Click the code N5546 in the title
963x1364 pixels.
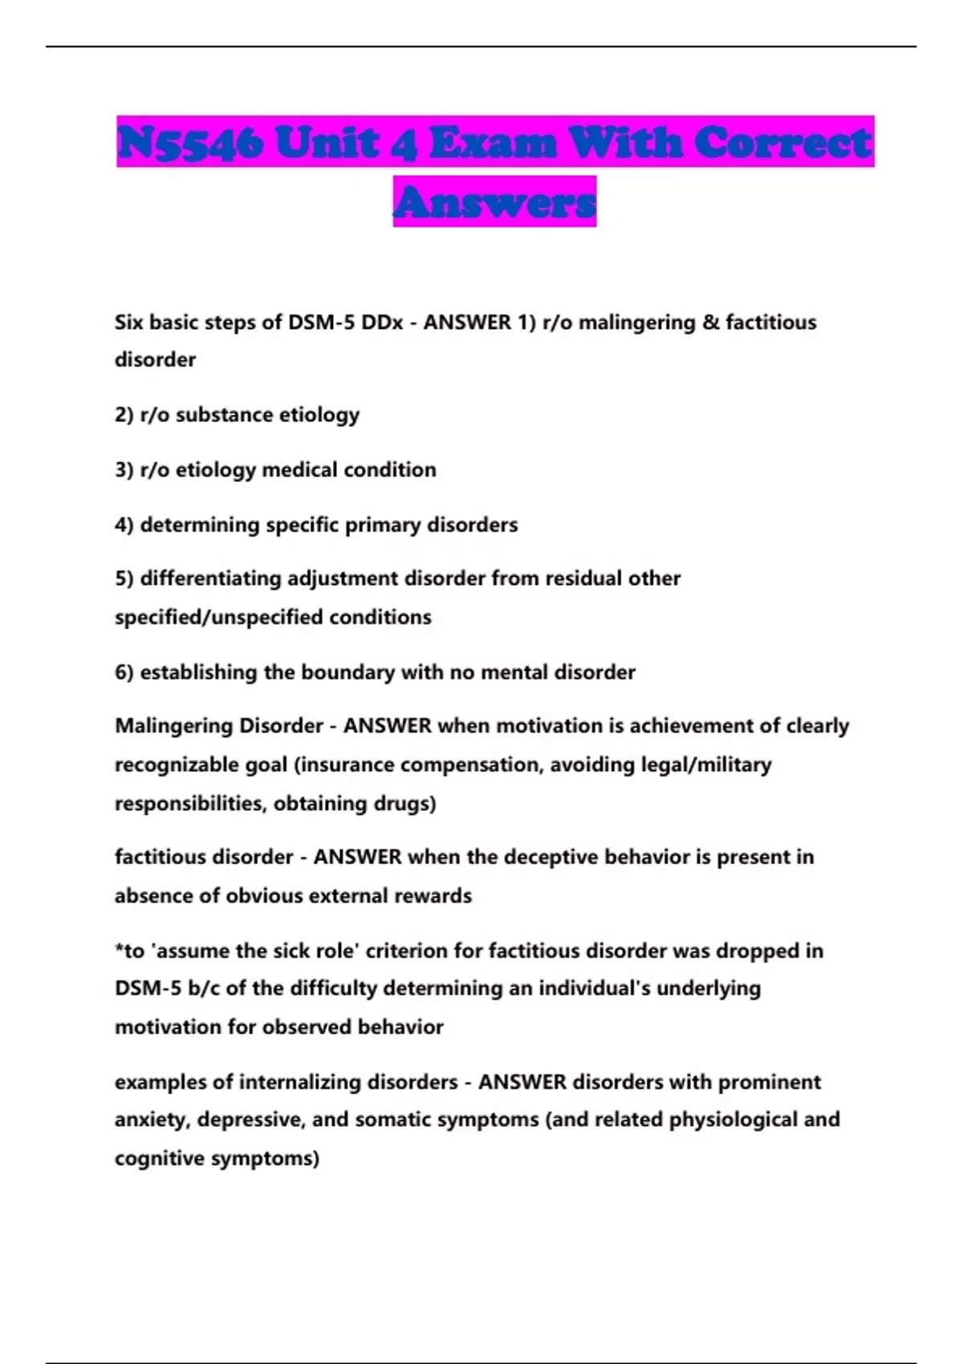[190, 143]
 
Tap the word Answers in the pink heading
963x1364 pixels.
[494, 202]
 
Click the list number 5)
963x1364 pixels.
[124, 578]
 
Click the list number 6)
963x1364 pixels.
[124, 672]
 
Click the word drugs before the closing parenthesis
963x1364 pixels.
[401, 803]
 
